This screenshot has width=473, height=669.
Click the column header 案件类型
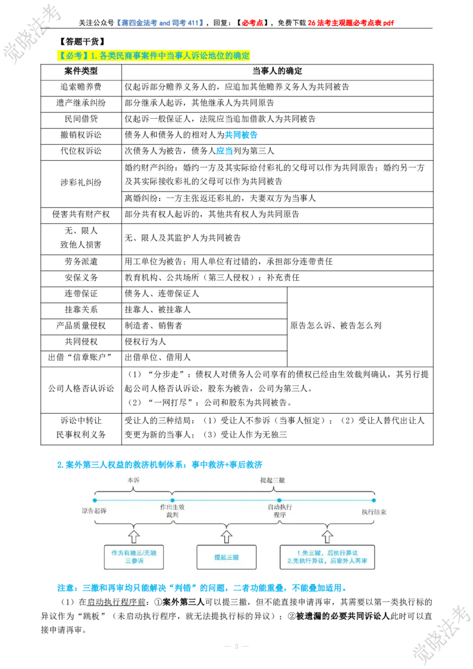coord(80,72)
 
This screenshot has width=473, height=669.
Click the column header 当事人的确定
coord(277,72)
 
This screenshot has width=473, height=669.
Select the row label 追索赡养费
coord(80,87)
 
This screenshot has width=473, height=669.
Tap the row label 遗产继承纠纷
coord(80,103)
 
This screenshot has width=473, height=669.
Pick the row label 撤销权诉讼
coord(80,135)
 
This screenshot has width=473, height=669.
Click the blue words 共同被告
coord(241,135)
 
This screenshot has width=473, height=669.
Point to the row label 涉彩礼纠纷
coord(80,183)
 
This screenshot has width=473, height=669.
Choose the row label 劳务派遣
coord(80,262)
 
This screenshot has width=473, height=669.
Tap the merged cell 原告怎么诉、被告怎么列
coord(336,326)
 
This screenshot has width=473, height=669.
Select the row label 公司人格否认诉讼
coord(80,388)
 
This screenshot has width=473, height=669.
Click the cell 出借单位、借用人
coord(157,358)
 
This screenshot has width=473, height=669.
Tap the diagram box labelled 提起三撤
coord(226,557)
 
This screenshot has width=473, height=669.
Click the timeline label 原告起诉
coord(94,511)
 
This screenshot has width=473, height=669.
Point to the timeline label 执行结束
coord(374,512)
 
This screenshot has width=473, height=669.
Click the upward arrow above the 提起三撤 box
coord(226,537)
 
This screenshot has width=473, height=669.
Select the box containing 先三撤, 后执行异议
coord(327,557)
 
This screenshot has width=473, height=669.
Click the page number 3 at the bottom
coord(236,647)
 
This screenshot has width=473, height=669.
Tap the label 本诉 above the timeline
coord(133,480)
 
